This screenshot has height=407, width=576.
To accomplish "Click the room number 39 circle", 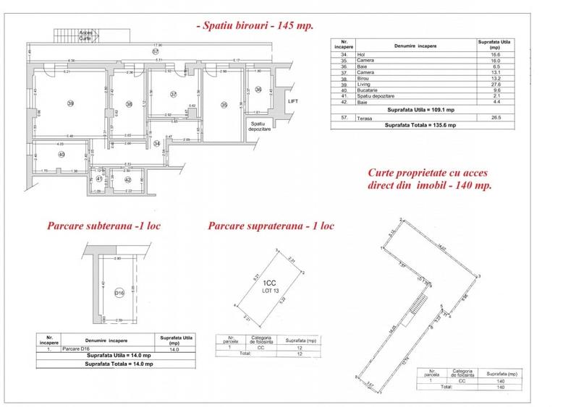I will pos(70,103).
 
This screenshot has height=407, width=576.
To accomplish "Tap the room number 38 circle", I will pos(129,103).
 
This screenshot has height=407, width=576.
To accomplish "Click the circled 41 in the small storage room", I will pos(99,179).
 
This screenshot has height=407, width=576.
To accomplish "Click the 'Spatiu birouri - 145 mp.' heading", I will pos(254,26).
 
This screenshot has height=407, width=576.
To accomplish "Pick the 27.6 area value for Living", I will pos(496,85).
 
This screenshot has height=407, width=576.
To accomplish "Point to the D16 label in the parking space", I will pos(120,293).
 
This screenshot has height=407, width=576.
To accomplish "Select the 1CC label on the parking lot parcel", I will pos(269,283).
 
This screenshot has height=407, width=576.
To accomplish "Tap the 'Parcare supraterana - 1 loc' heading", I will pos(270,226).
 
